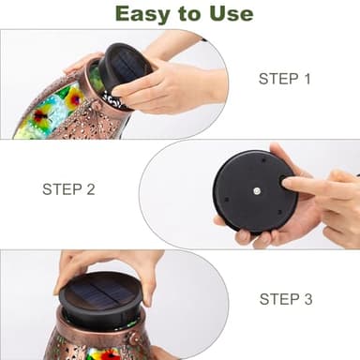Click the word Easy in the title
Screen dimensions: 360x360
click(142, 15)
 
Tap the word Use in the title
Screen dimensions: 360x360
click(232, 14)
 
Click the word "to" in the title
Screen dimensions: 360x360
click(189, 14)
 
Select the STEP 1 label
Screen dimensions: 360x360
click(285, 79)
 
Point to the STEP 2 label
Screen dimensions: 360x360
click(68, 189)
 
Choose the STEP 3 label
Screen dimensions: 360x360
click(286, 299)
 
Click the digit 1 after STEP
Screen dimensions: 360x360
click(307, 79)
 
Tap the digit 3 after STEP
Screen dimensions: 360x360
click(308, 299)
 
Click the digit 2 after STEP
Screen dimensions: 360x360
click(91, 189)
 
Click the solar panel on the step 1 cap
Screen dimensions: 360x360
click(126, 67)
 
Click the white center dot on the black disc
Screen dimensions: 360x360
click(257, 191)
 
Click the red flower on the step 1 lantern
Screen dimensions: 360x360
click(40, 115)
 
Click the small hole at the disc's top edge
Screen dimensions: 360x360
click(263, 160)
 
